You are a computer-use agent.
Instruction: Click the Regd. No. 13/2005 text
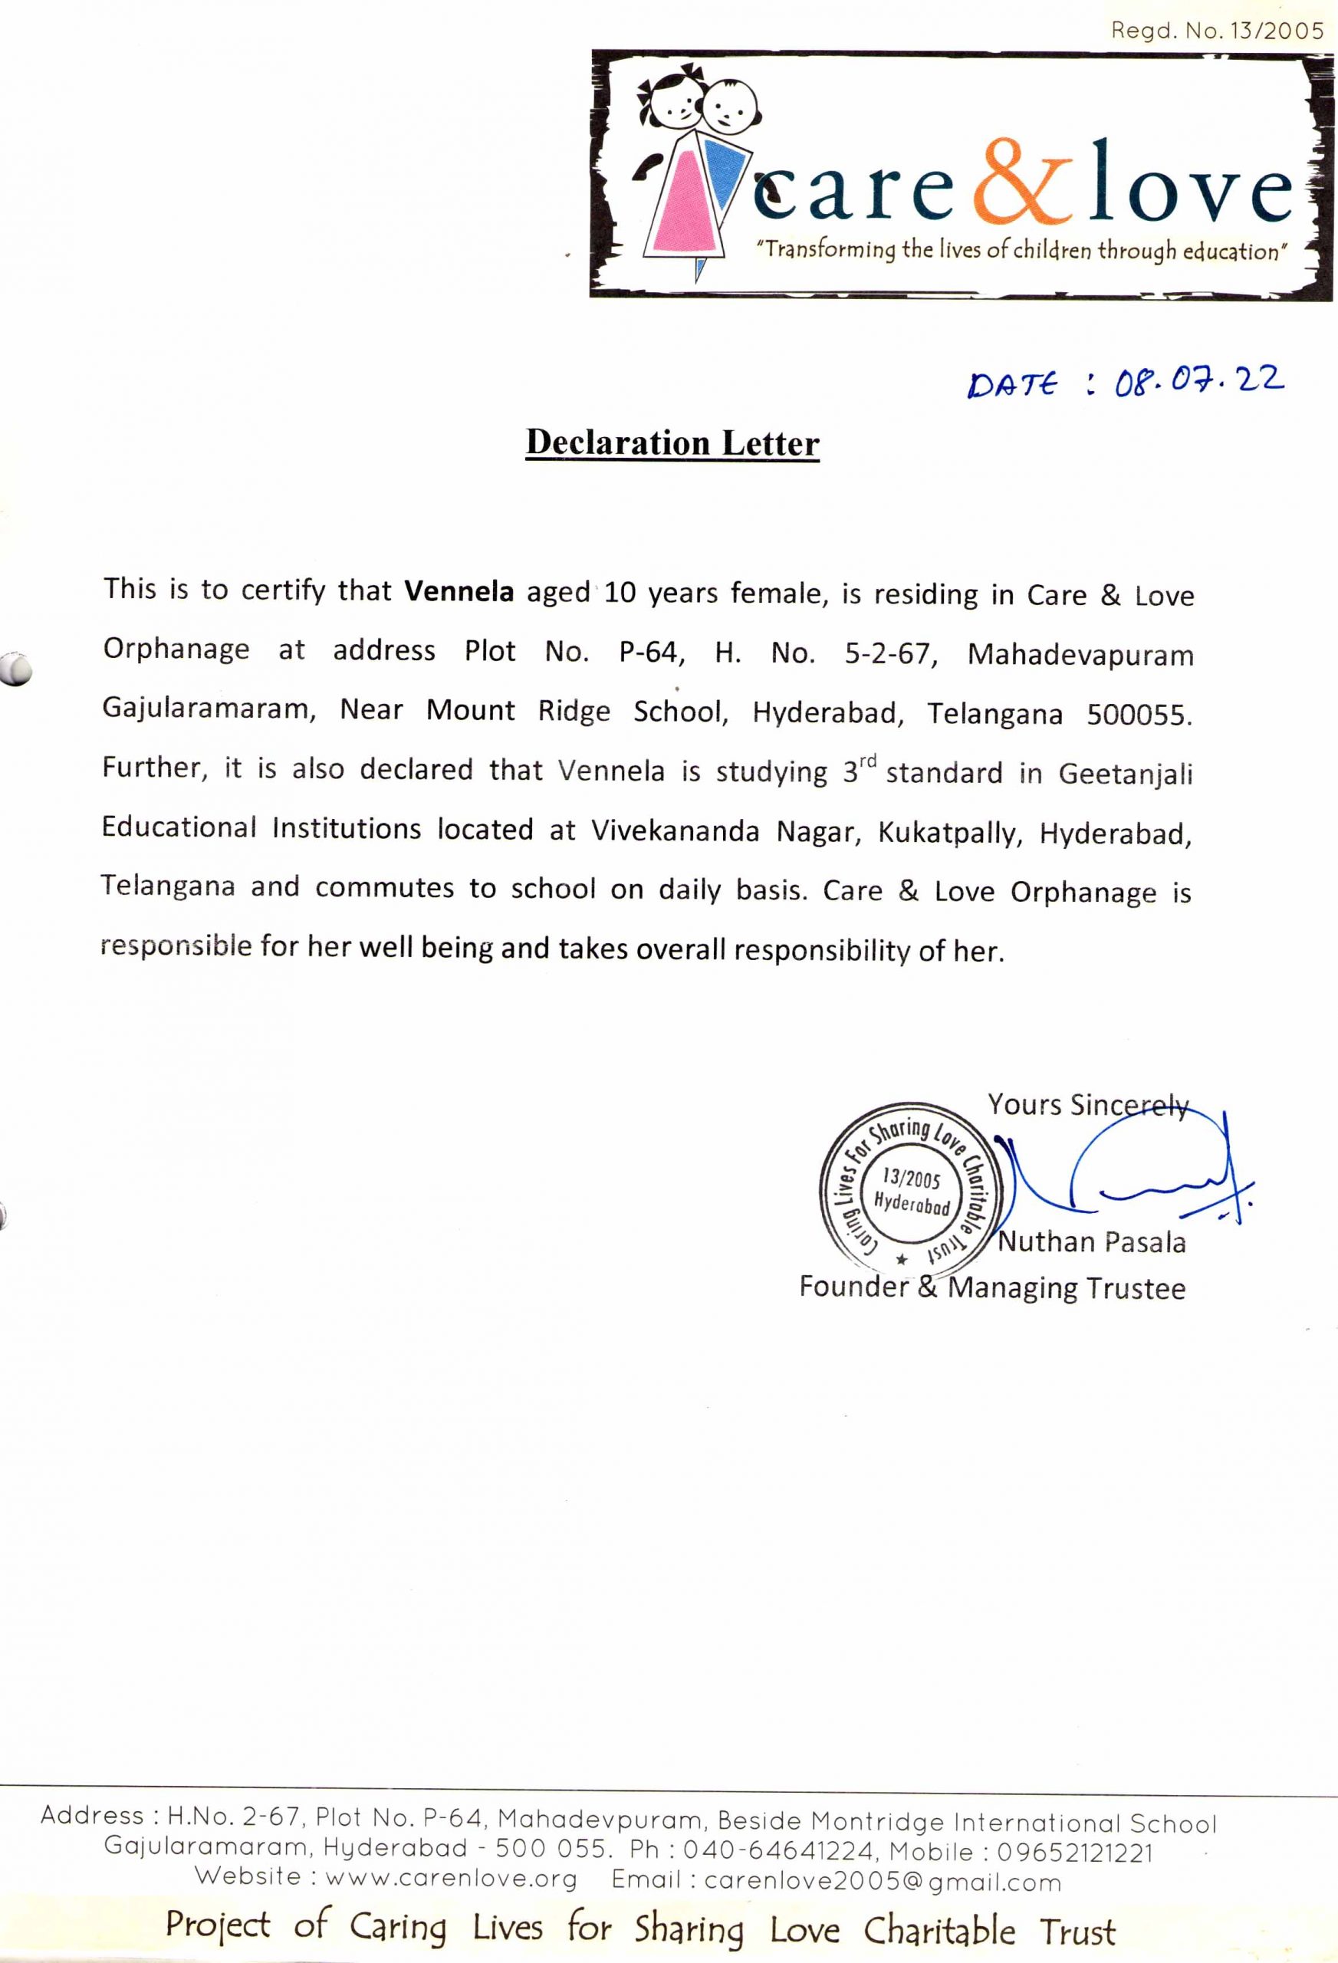coord(1217,31)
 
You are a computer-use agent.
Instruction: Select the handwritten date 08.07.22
coord(1199,381)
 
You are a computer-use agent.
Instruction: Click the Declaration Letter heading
coord(672,443)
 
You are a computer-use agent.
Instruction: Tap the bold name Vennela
coord(459,590)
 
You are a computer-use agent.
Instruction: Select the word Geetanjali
coord(1125,774)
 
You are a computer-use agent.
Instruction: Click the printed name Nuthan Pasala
coord(1091,1242)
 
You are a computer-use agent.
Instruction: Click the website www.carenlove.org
coord(451,1879)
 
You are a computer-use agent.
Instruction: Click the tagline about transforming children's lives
coord(1022,251)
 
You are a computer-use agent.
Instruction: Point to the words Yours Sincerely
coord(1088,1105)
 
